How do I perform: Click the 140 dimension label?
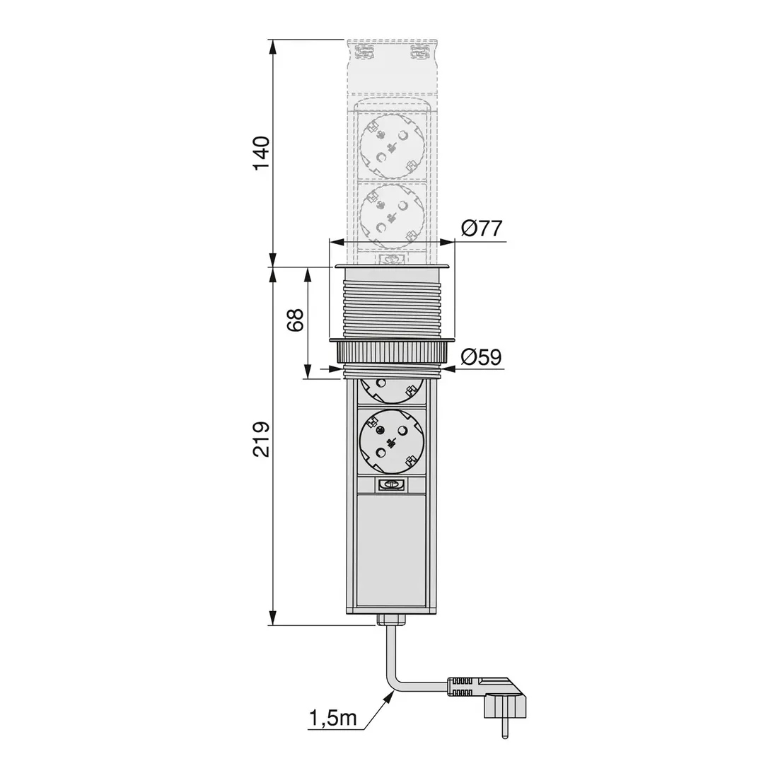[x=261, y=153]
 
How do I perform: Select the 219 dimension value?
[x=261, y=439]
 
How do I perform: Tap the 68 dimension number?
[x=295, y=320]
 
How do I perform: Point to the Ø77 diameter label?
[x=481, y=228]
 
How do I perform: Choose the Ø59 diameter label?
[x=481, y=356]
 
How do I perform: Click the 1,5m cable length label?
[x=333, y=717]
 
